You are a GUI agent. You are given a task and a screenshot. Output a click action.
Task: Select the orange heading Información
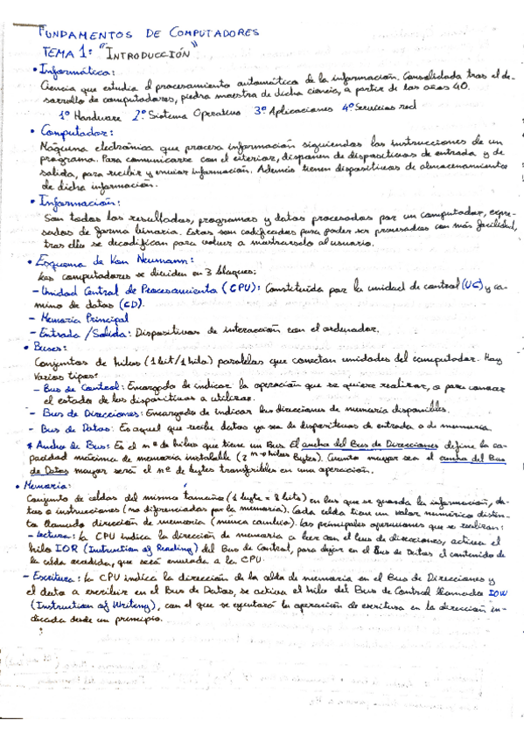[x=75, y=201]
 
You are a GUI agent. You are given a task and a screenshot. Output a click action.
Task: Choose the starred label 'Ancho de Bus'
[x=74, y=444]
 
